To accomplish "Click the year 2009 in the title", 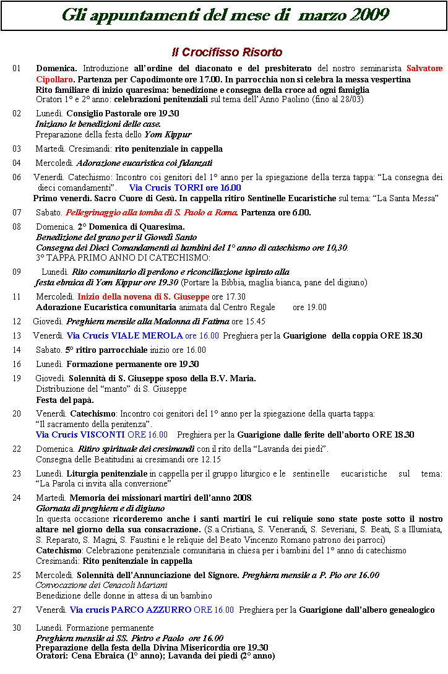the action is click(x=370, y=15).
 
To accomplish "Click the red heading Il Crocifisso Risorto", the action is click(x=227, y=53).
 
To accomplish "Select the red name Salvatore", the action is click(x=424, y=68).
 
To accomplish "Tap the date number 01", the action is click(x=16, y=68).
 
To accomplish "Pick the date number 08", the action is click(x=16, y=227).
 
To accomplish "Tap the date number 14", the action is click(x=16, y=350).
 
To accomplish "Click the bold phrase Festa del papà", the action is click(x=65, y=400).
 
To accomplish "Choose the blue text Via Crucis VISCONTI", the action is click(x=80, y=435).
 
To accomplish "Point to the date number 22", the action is click(x=16, y=449).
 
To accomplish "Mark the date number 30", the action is click(x=16, y=628).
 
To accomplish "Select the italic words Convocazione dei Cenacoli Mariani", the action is click(x=101, y=585).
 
